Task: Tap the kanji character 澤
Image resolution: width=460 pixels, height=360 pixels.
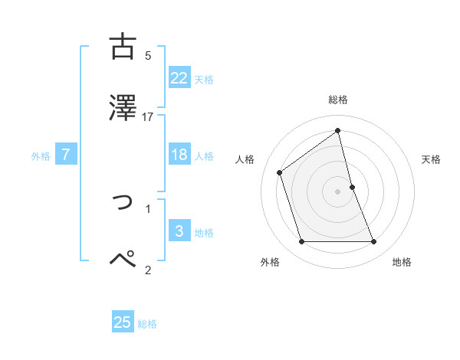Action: (x=123, y=107)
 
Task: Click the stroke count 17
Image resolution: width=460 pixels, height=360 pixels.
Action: (x=148, y=117)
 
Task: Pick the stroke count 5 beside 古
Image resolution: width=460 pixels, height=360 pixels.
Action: (x=148, y=56)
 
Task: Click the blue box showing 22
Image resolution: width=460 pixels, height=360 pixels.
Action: (x=179, y=77)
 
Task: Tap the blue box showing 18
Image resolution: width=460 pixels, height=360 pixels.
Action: (x=179, y=155)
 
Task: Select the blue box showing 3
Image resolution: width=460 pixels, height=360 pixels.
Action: (x=179, y=231)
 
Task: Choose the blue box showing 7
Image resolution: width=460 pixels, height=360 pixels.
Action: (x=66, y=155)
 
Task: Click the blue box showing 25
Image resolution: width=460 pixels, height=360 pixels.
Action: (x=123, y=322)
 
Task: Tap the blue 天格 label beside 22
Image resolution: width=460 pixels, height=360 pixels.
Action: (x=204, y=79)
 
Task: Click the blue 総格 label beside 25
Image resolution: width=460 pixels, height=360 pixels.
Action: (x=147, y=324)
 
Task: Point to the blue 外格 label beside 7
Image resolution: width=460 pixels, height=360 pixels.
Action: (x=41, y=156)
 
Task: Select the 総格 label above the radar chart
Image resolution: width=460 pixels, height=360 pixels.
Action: (x=338, y=100)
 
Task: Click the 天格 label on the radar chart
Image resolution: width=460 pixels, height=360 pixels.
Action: (x=432, y=159)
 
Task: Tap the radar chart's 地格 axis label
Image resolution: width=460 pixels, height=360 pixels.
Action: (x=402, y=262)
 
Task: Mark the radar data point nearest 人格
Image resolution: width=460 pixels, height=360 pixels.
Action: (x=279, y=172)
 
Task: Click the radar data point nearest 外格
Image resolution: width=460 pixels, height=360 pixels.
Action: (x=301, y=242)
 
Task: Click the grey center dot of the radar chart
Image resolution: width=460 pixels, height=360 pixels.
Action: (x=338, y=191)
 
